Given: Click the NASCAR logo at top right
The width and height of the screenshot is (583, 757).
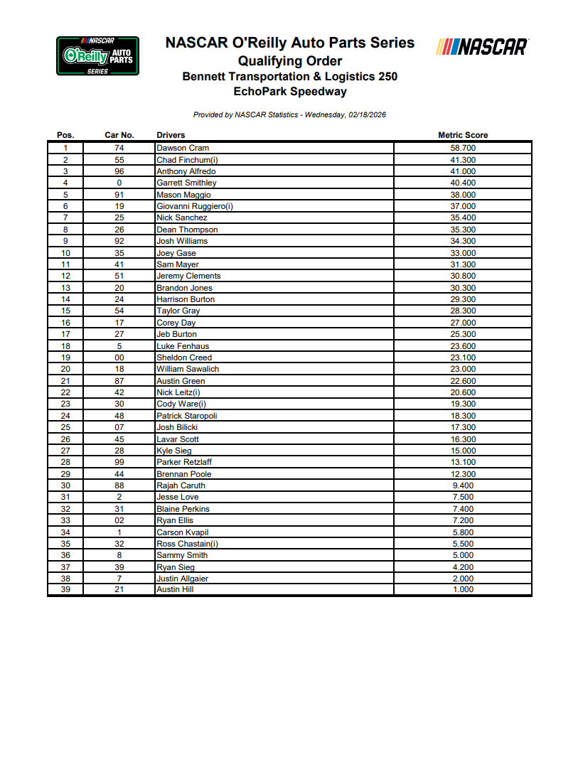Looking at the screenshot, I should (x=483, y=47).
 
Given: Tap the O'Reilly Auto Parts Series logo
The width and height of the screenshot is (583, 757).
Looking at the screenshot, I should (x=98, y=56).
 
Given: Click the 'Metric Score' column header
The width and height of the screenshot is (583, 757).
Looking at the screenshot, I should (x=463, y=135).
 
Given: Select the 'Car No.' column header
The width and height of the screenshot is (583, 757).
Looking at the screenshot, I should (x=119, y=135).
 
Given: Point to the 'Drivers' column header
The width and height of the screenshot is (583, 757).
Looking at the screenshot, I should (x=171, y=135).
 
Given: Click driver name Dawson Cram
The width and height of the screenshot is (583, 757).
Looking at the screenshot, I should (x=183, y=148).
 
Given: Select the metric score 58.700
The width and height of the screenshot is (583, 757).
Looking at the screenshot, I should (x=463, y=148).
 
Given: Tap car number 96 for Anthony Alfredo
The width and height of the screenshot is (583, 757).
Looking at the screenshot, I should (x=119, y=171).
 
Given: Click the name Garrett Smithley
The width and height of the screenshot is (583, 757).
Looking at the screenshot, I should (x=186, y=183).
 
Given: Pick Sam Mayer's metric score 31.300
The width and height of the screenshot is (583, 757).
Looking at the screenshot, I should (x=463, y=264).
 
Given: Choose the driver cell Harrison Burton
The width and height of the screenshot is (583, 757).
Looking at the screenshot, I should (x=186, y=299).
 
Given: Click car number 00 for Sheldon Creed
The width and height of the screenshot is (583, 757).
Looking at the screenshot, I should (x=119, y=358).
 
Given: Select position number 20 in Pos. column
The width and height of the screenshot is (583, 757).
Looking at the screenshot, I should (x=65, y=369).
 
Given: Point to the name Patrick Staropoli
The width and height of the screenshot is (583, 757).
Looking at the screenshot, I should (x=187, y=416).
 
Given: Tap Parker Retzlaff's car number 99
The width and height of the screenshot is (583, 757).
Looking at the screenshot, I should (x=119, y=462).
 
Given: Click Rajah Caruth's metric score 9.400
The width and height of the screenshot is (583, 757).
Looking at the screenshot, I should (x=463, y=485).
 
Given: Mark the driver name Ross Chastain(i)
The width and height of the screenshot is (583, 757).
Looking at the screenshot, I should (x=188, y=544).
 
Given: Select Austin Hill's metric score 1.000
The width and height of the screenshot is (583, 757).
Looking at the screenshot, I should (x=463, y=589).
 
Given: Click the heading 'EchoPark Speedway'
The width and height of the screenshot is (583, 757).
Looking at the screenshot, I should (x=290, y=91).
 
